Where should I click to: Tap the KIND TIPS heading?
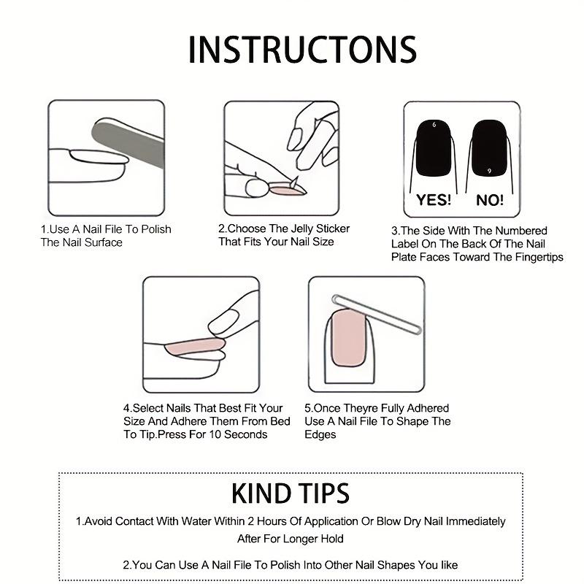291,493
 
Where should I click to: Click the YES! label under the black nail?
434,199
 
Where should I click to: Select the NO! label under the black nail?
490,199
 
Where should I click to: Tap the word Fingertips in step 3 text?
537,257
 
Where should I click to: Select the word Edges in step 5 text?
320,434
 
